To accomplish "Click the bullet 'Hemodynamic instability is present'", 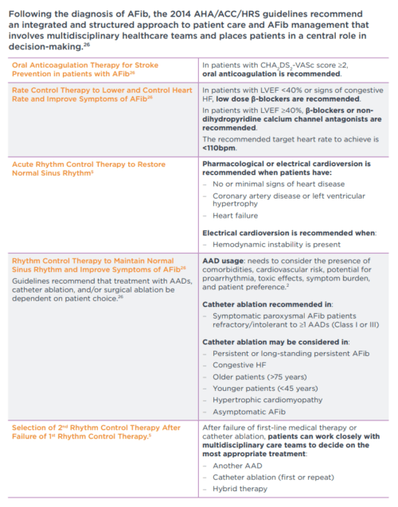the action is (274, 245).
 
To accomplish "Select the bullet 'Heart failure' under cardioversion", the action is (234, 215).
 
